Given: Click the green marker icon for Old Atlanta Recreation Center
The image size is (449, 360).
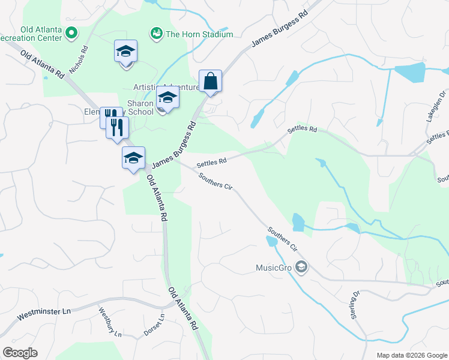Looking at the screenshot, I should (x=72, y=33).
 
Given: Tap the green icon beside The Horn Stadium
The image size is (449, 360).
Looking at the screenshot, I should (x=157, y=34).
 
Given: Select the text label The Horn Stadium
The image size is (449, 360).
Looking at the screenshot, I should (x=199, y=34).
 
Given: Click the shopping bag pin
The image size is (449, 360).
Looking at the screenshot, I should (x=211, y=81).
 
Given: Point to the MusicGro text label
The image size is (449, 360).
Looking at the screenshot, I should (x=273, y=267).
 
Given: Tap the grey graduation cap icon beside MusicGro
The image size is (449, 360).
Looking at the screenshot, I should (x=301, y=267).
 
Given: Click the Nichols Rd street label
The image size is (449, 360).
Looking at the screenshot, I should (x=79, y=61).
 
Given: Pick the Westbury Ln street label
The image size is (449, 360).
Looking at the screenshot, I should (x=110, y=321).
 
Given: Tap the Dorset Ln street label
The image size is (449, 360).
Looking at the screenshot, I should (x=154, y=325).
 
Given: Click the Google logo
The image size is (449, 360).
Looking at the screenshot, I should (x=20, y=353).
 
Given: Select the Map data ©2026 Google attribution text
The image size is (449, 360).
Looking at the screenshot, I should (x=411, y=355).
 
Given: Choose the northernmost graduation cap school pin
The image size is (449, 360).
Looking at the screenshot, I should (x=126, y=50).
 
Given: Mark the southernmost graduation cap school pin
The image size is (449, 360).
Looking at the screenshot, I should (x=133, y=158).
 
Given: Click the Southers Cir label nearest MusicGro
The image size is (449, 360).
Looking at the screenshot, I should (x=283, y=239).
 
